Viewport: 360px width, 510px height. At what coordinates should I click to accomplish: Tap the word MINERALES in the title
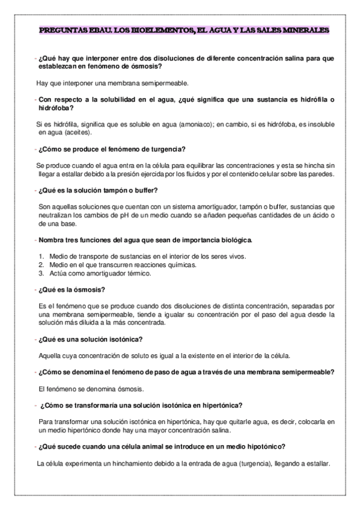point(302,29)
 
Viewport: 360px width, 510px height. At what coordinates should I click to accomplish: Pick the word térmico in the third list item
point(137,273)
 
